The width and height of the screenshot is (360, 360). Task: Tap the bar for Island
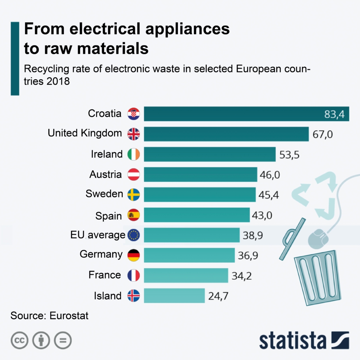point(174,295)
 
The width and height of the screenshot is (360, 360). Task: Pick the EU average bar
point(192,235)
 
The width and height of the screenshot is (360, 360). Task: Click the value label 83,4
point(337,114)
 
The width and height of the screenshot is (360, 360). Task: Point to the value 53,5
point(289,155)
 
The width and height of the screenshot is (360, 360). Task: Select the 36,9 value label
point(248,255)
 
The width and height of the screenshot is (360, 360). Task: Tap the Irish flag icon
point(134,154)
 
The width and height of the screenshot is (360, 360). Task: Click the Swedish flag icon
point(134,194)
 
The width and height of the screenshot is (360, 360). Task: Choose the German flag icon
point(134,255)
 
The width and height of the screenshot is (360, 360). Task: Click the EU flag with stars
point(134,235)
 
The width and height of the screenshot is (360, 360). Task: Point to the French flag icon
point(134,275)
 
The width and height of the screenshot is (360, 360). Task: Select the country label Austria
point(106,174)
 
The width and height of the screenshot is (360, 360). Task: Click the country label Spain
point(108,216)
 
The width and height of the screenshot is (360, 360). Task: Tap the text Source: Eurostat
point(49,316)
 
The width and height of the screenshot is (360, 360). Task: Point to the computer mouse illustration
point(318,238)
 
